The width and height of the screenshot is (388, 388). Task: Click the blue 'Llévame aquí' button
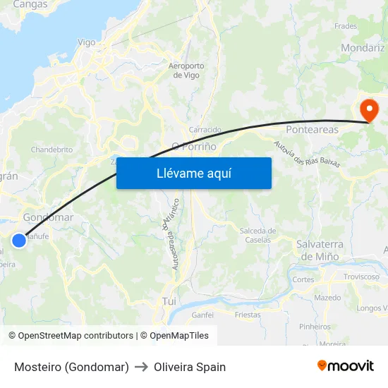(x=193, y=173)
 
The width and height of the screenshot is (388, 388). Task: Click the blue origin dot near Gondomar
(x=19, y=241)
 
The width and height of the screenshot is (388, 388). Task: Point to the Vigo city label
(x=86, y=42)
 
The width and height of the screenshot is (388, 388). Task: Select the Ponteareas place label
(x=312, y=130)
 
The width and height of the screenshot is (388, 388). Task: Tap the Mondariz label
(x=362, y=48)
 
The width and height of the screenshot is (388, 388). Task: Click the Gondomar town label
(x=48, y=217)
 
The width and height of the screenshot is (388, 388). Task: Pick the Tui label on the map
(x=169, y=301)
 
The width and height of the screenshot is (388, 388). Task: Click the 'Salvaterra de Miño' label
(x=320, y=250)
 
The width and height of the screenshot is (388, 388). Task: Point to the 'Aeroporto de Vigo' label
(x=186, y=71)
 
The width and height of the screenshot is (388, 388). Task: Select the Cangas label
(x=30, y=4)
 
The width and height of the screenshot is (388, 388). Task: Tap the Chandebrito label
(x=51, y=150)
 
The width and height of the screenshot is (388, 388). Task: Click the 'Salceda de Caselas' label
(x=257, y=235)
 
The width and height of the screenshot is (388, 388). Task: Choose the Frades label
(x=346, y=26)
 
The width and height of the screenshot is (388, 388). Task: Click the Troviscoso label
(x=361, y=277)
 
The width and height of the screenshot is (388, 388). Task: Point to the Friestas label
(x=248, y=315)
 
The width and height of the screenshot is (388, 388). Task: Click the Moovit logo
(x=346, y=365)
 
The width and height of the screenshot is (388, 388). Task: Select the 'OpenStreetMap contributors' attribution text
(x=75, y=336)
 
